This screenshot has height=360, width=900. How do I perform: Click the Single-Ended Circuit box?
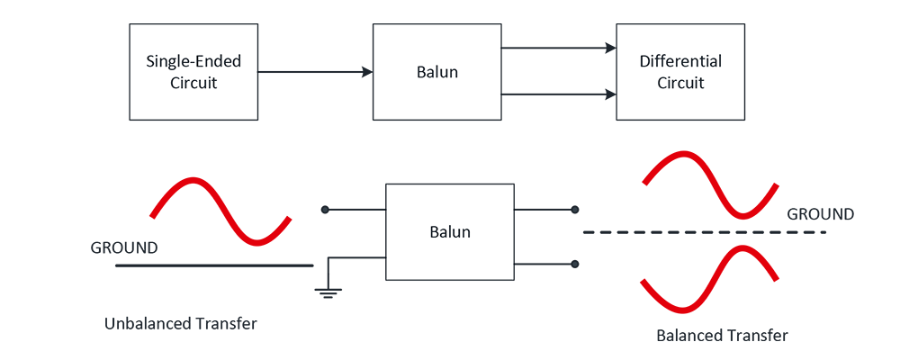point(193,72)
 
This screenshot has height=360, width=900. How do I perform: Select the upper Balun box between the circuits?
point(436,72)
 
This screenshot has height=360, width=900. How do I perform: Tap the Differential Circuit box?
point(680,72)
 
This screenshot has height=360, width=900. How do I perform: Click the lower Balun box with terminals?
point(449,231)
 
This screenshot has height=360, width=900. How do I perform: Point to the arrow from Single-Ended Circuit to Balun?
point(315,72)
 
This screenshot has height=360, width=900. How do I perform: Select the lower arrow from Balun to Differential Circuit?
point(558,94)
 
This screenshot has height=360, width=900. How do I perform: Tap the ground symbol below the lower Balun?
point(328,291)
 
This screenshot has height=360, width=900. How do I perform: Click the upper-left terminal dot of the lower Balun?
point(325,210)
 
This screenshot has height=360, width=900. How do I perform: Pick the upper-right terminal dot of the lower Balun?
point(574,210)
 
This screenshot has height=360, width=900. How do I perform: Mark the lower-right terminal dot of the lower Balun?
point(574,264)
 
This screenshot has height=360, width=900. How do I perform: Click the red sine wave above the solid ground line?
point(221,211)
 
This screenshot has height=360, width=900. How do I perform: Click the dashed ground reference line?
point(702,233)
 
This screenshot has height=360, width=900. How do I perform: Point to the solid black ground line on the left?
point(214,265)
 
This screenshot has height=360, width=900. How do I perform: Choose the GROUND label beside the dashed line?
point(820,214)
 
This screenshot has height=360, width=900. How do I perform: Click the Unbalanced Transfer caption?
point(181,323)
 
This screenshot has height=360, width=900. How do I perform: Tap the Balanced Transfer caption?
point(723,336)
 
